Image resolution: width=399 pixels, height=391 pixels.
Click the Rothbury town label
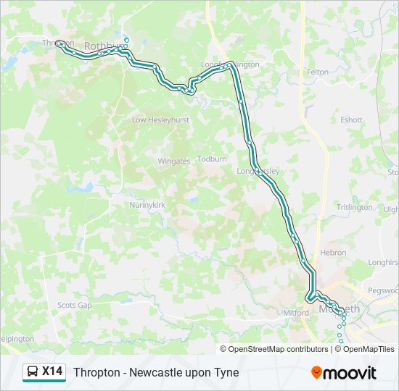tap(99, 46)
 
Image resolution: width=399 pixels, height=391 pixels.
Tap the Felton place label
tap(318, 72)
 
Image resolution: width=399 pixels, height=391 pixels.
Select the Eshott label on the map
tap(351, 120)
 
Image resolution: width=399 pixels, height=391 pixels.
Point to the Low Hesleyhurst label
tap(160, 120)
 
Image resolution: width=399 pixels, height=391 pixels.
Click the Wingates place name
tap(173, 161)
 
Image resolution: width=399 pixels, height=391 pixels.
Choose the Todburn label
tap(212, 159)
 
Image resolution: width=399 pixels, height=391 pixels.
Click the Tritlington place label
tap(354, 207)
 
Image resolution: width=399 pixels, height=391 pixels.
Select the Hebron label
tap(333, 253)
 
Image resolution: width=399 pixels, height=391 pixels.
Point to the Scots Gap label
tap(75, 306)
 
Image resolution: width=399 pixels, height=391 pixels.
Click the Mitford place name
tap(296, 313)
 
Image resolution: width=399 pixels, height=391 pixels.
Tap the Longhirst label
tap(383, 263)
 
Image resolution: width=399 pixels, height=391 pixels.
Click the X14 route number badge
tap(52, 372)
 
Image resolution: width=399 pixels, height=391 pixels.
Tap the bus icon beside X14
tap(33, 372)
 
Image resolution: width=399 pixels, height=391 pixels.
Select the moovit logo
tap(344, 373)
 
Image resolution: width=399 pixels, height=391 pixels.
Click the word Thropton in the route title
tap(96, 373)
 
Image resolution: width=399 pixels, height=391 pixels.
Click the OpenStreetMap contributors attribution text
tap(279, 349)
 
